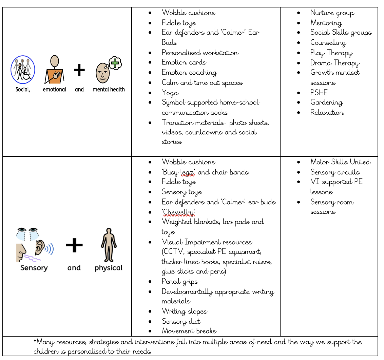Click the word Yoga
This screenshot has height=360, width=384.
coord(170,93)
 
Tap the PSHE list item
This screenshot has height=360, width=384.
coord(319,92)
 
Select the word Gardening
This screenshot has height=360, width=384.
coord(327,102)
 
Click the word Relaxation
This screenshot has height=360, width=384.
coord(327,112)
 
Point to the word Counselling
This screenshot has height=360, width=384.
coord(328,43)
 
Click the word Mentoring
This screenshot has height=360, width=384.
coord(326,23)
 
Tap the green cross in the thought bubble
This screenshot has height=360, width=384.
coord(115,63)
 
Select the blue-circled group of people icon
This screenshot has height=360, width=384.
coord(23,70)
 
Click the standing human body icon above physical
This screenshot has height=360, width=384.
coord(109,245)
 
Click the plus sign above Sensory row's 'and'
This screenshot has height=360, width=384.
coord(74,245)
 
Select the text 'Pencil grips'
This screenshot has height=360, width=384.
coord(180,282)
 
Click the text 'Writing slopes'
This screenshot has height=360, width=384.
coord(185,311)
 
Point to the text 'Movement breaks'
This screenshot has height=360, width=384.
coord(189,331)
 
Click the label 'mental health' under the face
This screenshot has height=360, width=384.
coord(109,89)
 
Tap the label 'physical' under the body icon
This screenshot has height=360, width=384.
coord(109,268)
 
